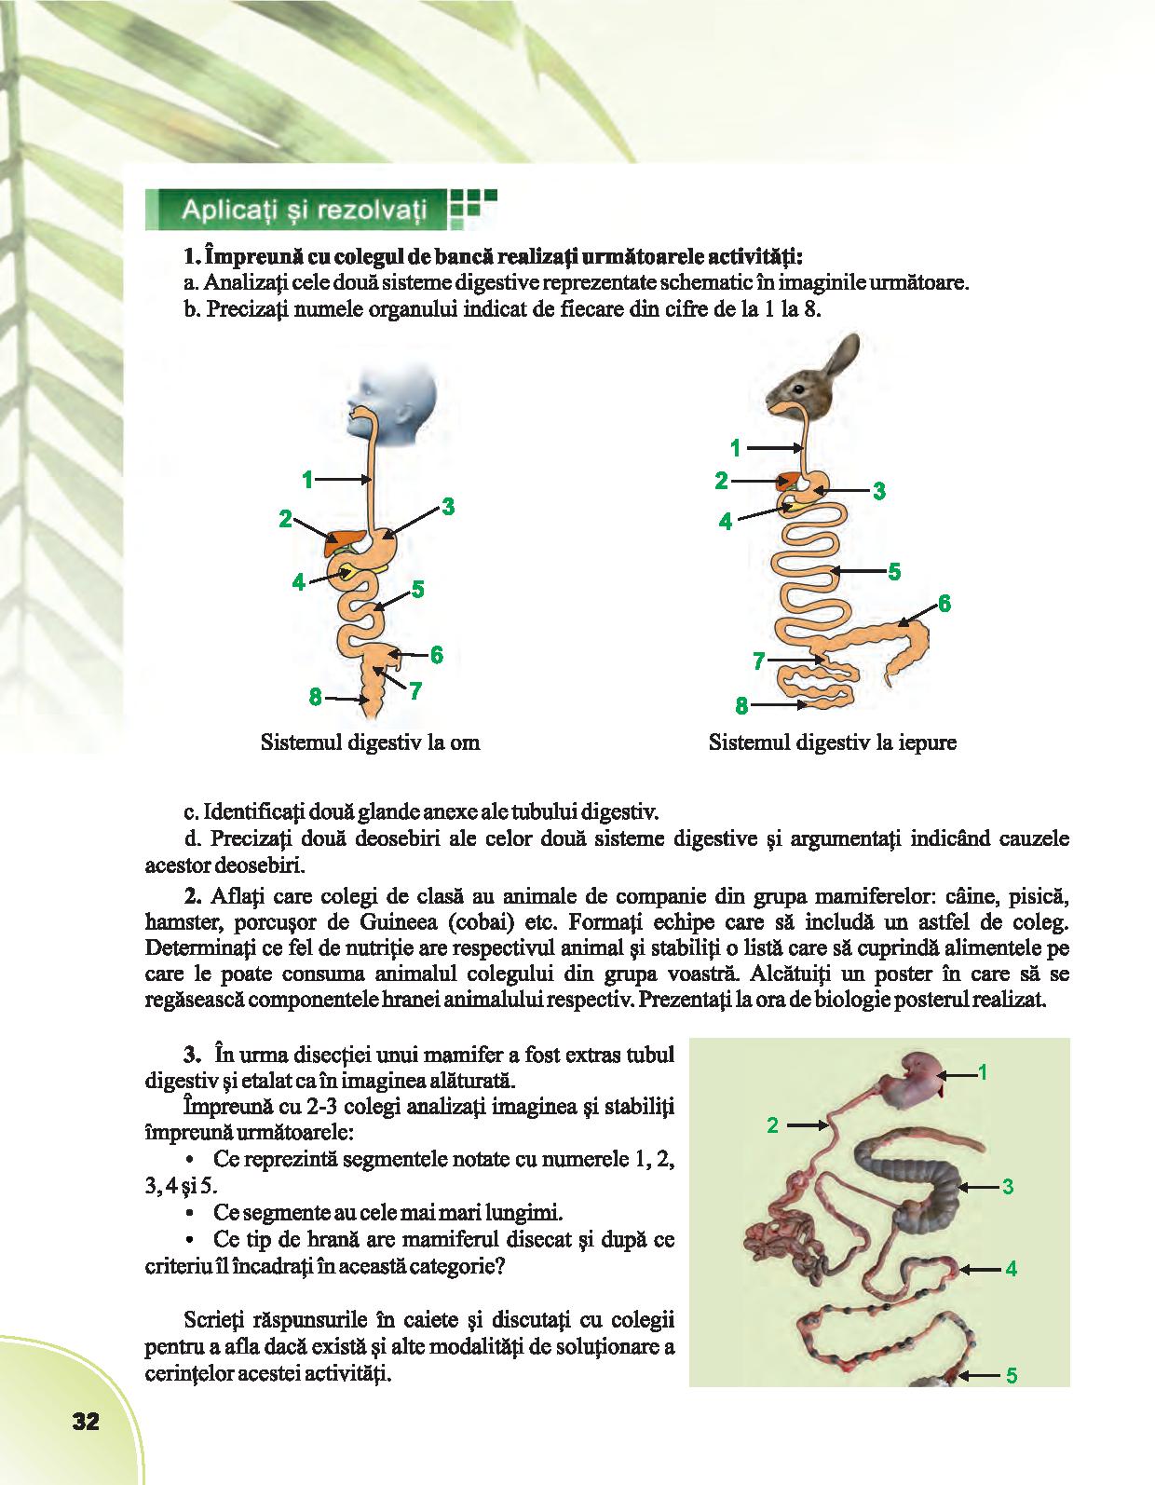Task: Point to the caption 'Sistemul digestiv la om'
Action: [x=371, y=743]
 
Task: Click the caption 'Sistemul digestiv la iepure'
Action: [x=833, y=743]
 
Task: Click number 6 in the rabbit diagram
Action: [x=944, y=603]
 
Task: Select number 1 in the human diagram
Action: [x=306, y=479]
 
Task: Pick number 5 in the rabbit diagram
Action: [x=894, y=570]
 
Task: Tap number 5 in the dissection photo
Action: [x=1011, y=1375]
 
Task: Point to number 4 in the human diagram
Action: [x=298, y=582]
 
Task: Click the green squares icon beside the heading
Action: [x=471, y=208]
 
